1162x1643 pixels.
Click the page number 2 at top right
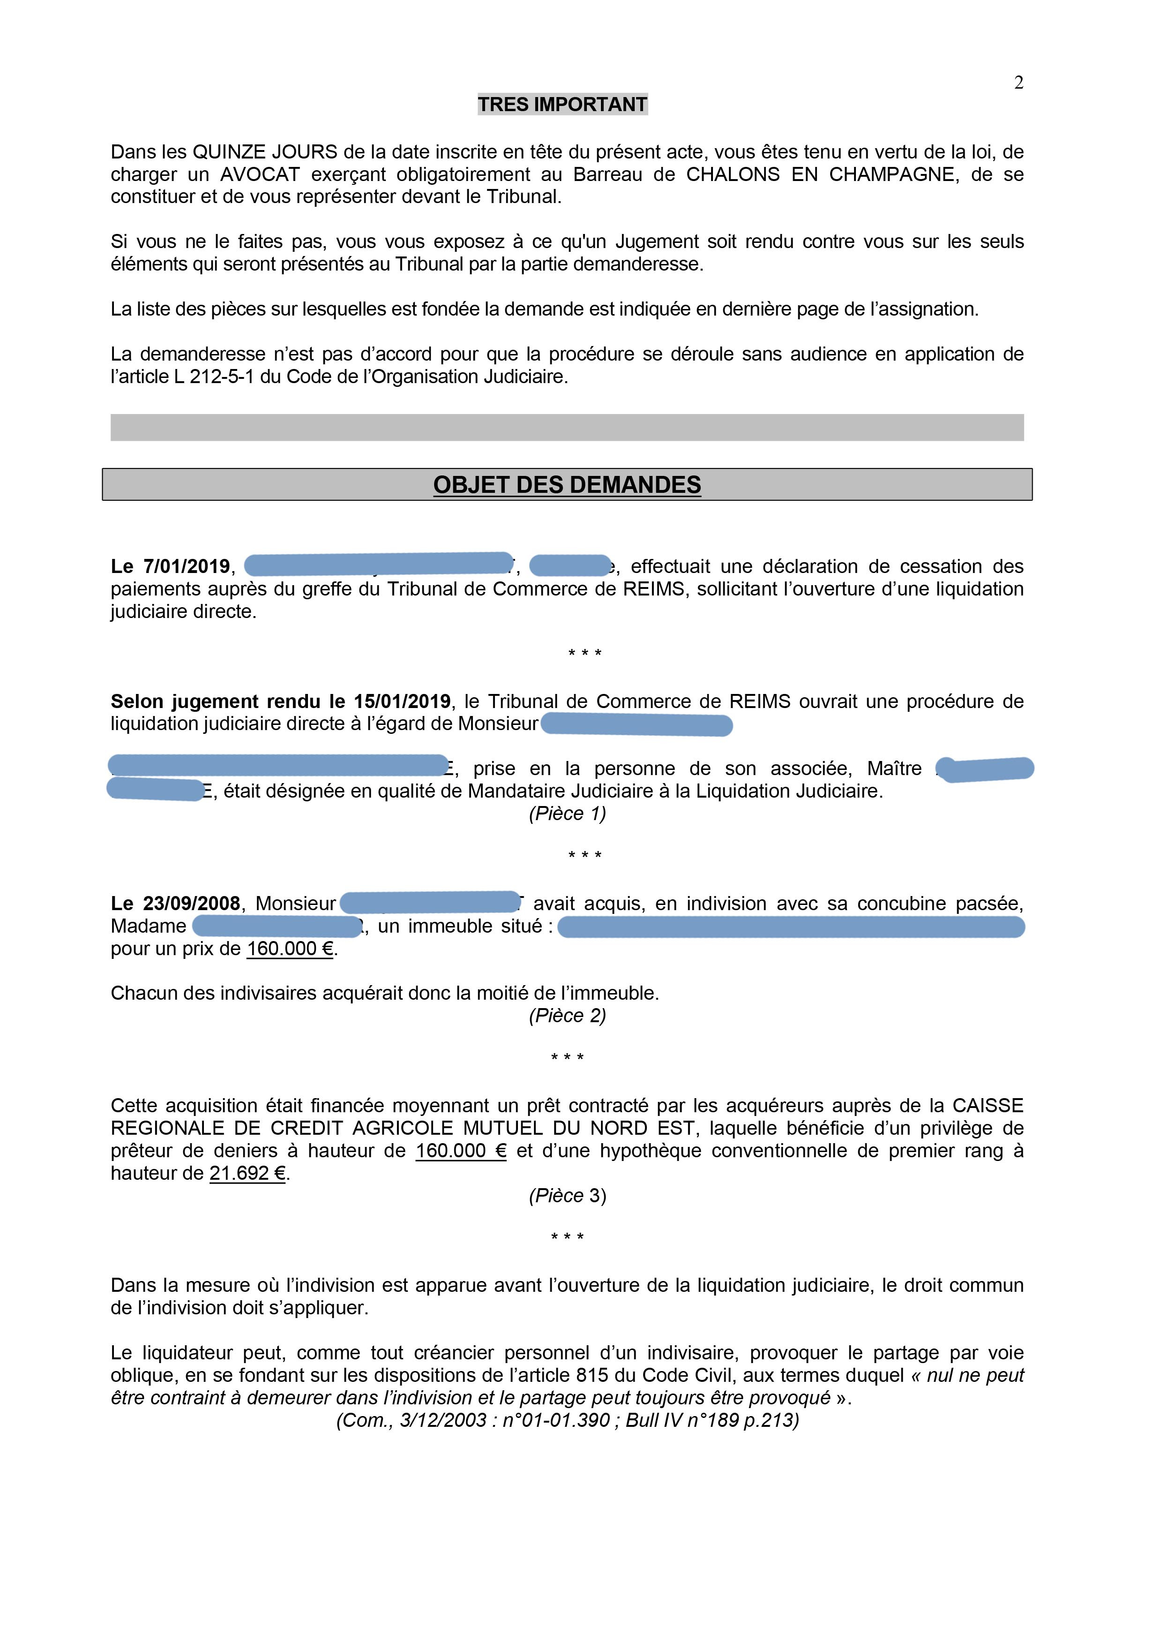(1019, 83)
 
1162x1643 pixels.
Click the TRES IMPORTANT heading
(562, 105)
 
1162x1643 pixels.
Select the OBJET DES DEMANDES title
(567, 485)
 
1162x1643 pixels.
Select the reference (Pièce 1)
(567, 814)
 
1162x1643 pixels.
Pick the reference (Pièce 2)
(567, 1016)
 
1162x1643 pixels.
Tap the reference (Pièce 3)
(567, 1196)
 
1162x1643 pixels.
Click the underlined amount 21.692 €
(247, 1174)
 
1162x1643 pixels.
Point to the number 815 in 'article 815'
(592, 1375)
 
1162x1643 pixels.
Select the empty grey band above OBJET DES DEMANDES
(567, 427)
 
